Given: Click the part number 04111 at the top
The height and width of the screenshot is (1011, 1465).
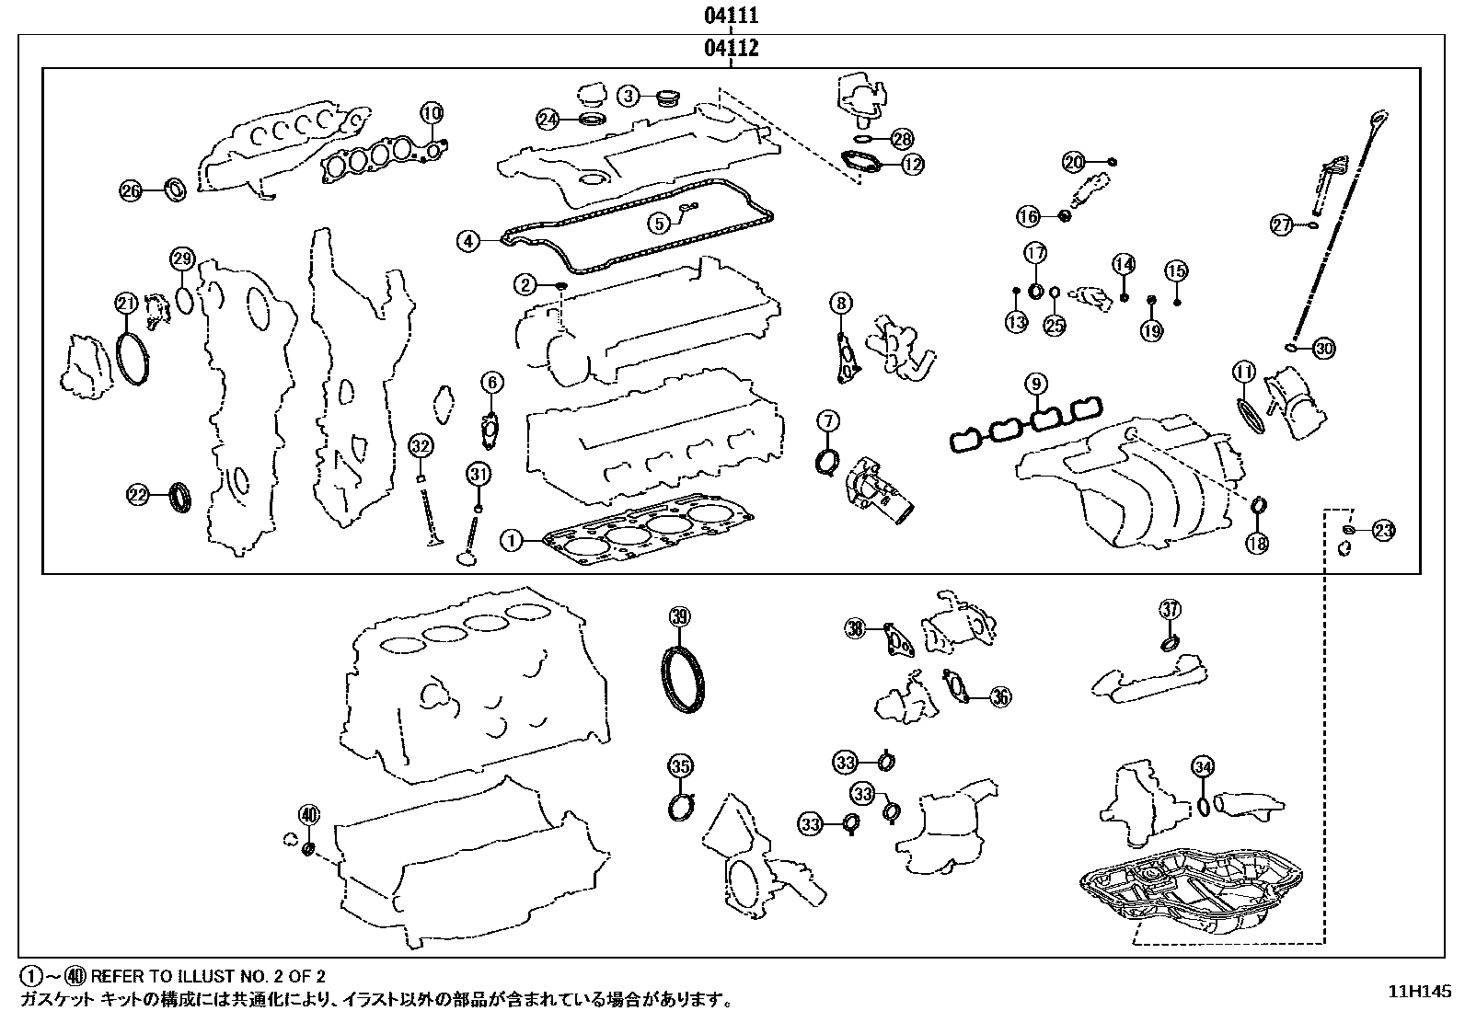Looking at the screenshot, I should coord(732,17).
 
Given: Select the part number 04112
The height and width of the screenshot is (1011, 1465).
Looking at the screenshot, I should coord(732,49).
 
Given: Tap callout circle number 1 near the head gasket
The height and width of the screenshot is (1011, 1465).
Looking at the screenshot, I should coord(512,540).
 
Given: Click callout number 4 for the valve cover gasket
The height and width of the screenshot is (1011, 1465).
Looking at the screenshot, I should coord(468,241).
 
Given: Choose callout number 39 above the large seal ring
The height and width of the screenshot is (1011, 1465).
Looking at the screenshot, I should coord(678,617).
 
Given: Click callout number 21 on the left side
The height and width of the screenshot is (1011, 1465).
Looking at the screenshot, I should coord(126,303).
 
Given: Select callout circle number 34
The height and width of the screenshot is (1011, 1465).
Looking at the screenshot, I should coord(1202,765).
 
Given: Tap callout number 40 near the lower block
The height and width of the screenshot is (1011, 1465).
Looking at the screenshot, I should coord(308,814).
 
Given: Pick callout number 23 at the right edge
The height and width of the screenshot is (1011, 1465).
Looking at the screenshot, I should coord(1383,530).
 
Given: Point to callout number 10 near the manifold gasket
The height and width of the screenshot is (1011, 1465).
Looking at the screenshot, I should coord(432,113).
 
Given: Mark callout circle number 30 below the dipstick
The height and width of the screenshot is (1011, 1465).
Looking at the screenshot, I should coord(1323,349).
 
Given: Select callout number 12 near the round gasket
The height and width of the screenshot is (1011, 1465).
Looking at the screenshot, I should coord(912,165).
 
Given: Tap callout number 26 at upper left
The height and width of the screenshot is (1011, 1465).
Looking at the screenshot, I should coord(132,191).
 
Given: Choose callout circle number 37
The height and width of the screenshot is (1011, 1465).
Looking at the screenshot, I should coord(1169,609).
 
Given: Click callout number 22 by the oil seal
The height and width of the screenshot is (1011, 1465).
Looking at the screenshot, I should coord(137,496).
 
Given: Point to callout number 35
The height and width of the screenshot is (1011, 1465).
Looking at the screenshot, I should coord(679,765).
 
